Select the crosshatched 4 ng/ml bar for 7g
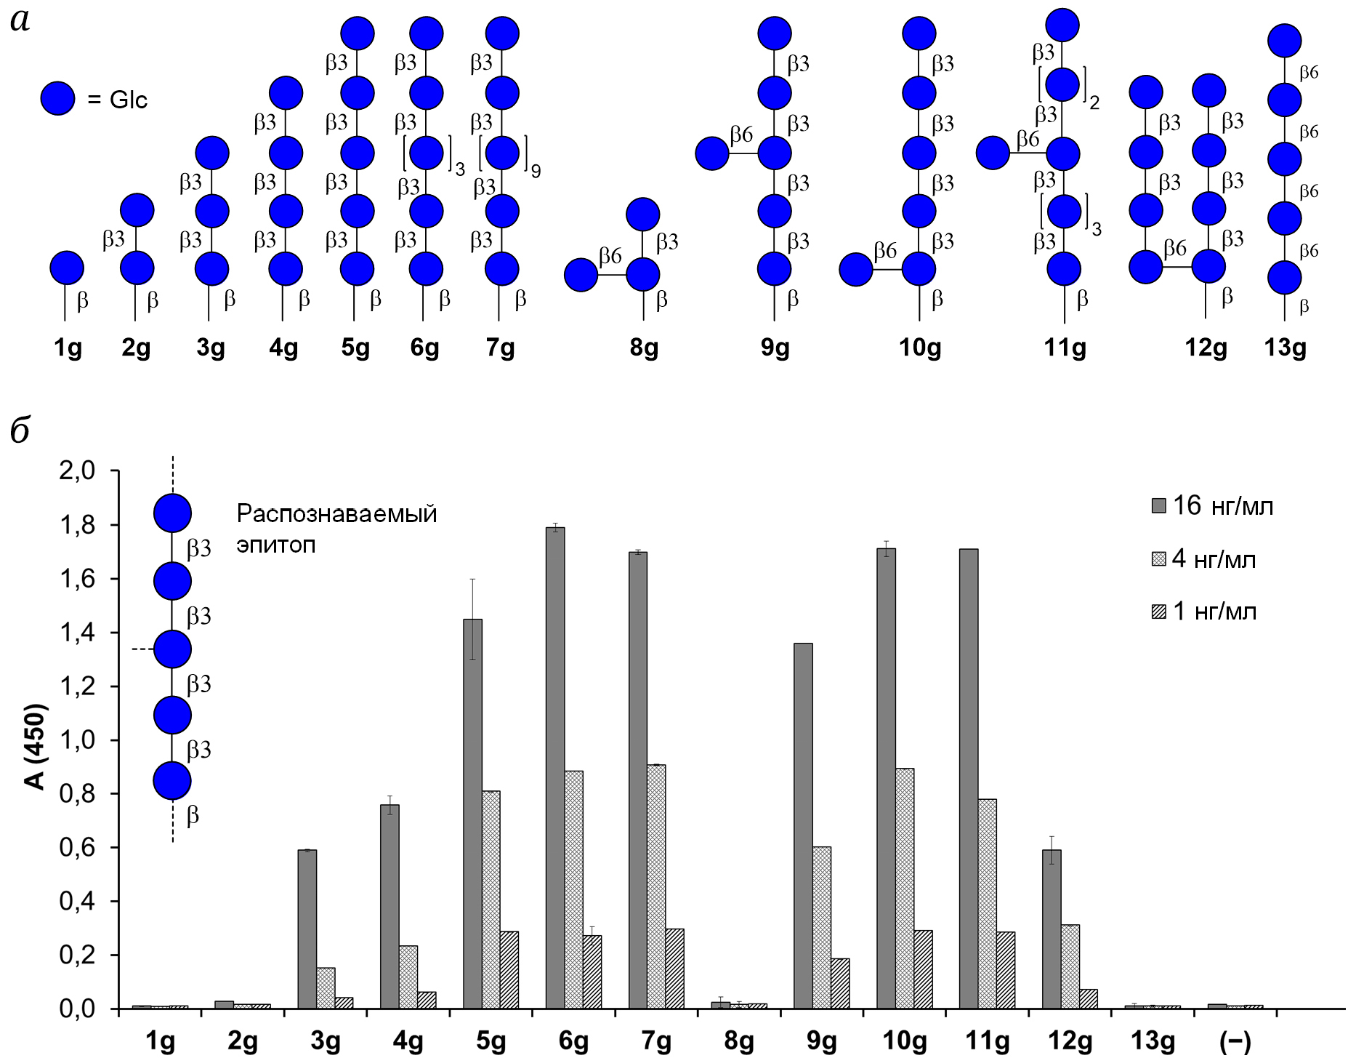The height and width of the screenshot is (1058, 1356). tap(656, 886)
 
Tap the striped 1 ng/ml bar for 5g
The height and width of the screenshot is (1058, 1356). tap(509, 970)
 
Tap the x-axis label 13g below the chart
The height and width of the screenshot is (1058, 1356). tap(1153, 1041)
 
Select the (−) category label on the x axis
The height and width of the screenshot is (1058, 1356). tap(1235, 1041)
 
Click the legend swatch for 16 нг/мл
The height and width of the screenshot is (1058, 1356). tap(1158, 506)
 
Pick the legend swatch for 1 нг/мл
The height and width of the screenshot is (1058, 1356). tap(1158, 612)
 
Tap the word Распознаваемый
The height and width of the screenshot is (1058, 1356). tap(336, 514)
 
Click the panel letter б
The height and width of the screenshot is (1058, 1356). tap(20, 430)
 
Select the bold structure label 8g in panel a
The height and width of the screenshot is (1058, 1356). tap(644, 348)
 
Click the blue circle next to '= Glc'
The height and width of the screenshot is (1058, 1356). tap(57, 98)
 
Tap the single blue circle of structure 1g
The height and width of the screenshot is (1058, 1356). tap(67, 268)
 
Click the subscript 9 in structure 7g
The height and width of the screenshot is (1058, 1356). tap(536, 172)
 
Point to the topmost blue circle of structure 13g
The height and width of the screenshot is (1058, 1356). tap(1284, 41)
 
